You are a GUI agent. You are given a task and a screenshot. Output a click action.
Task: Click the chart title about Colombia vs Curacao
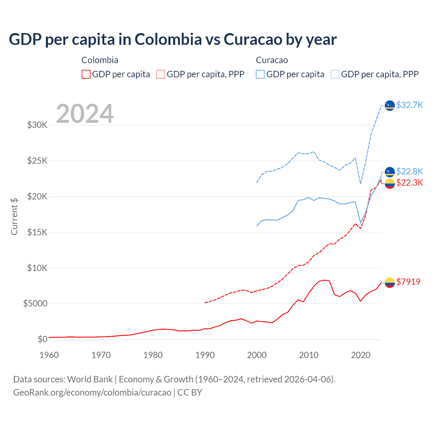click(x=172, y=39)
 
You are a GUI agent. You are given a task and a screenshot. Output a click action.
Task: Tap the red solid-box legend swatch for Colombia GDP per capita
click(x=86, y=74)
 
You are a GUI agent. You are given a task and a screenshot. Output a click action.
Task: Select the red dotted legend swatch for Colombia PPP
click(x=161, y=74)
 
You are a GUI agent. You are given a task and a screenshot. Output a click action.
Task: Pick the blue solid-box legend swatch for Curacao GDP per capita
click(x=260, y=74)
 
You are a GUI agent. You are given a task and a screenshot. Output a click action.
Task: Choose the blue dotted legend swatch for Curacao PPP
click(x=335, y=74)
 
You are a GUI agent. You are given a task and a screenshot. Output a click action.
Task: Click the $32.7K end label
click(x=409, y=105)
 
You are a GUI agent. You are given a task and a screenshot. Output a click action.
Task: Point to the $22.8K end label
click(x=409, y=171)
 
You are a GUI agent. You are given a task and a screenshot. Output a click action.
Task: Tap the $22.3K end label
click(x=409, y=183)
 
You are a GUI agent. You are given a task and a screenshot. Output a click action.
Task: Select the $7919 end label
click(x=408, y=282)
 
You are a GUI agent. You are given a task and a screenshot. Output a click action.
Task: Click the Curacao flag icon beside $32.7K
click(x=390, y=105)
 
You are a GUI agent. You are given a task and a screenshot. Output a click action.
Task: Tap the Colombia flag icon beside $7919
click(x=390, y=282)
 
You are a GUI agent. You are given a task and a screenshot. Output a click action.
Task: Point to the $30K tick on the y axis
click(x=37, y=125)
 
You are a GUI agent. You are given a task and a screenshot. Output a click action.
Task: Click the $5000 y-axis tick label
click(x=35, y=303)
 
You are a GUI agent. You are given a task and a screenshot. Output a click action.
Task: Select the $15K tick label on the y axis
click(x=37, y=232)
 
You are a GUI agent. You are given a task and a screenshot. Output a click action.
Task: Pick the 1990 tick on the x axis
click(x=205, y=355)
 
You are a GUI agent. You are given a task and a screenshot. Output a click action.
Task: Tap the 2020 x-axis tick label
click(x=361, y=355)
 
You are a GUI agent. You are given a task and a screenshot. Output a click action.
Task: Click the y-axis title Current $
click(x=14, y=216)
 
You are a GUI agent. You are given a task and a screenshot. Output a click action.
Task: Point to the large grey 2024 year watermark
click(x=85, y=114)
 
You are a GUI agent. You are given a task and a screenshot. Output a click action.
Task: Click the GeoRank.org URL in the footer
click(x=92, y=393)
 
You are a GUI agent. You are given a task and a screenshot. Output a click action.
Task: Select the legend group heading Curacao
click(x=272, y=60)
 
